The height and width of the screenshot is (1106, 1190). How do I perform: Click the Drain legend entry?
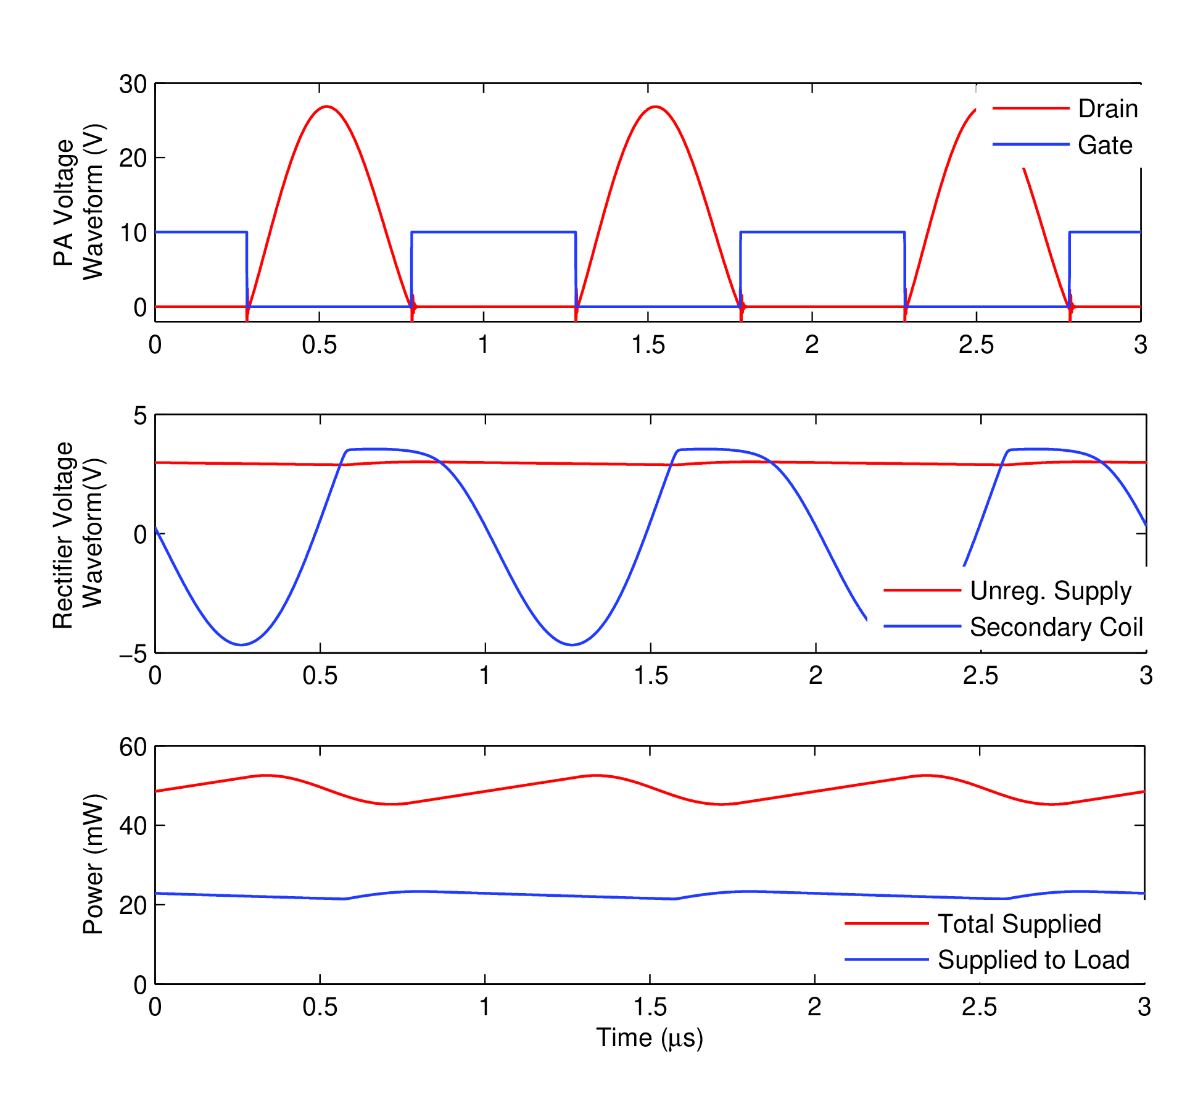(x=1107, y=109)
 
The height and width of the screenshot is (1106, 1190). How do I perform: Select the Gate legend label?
(x=1104, y=146)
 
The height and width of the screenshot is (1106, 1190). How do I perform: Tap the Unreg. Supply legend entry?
(x=1050, y=591)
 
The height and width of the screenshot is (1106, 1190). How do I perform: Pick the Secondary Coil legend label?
(x=1056, y=627)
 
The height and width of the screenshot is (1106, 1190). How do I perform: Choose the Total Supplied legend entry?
(x=1019, y=924)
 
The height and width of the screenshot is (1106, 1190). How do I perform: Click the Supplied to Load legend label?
(x=1033, y=960)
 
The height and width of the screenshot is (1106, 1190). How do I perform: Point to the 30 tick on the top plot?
(x=133, y=84)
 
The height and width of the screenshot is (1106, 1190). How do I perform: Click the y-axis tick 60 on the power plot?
(x=133, y=747)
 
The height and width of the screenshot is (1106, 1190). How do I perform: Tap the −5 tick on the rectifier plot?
(x=133, y=654)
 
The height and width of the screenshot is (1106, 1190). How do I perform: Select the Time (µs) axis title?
(x=649, y=1038)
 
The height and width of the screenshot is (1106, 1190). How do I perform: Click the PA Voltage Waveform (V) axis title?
(x=78, y=202)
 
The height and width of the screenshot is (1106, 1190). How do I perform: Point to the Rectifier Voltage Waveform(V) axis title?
(x=78, y=534)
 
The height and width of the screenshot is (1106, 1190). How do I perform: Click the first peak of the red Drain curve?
(x=326, y=106)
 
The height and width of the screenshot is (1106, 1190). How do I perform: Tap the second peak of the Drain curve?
(x=655, y=106)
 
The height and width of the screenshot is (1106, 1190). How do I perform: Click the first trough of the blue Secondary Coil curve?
(x=241, y=645)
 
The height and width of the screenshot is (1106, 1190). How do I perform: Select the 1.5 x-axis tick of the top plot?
(x=648, y=344)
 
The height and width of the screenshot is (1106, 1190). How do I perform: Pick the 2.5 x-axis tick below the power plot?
(x=979, y=1007)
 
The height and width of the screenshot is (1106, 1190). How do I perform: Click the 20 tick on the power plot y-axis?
(x=133, y=905)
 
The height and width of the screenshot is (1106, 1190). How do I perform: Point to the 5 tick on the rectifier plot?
(x=141, y=416)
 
